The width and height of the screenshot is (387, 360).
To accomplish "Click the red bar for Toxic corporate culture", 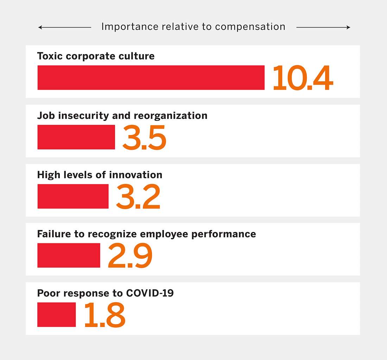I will tap(151, 78).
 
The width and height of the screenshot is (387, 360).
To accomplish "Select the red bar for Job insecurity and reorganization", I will tap(76, 137).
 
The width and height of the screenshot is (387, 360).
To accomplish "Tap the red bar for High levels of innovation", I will tap(73, 196).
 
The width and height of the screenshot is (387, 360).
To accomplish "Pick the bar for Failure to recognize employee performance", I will tap(69, 255).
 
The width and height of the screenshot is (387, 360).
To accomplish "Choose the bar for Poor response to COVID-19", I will tap(57, 315).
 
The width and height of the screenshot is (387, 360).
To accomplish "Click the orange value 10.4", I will tap(303, 78).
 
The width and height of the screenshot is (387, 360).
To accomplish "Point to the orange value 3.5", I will tap(144, 137).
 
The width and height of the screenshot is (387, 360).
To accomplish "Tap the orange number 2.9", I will tap(130, 256).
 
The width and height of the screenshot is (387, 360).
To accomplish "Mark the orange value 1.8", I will tap(105, 315).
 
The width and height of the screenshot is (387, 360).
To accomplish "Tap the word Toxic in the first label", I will tap(48, 56).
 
